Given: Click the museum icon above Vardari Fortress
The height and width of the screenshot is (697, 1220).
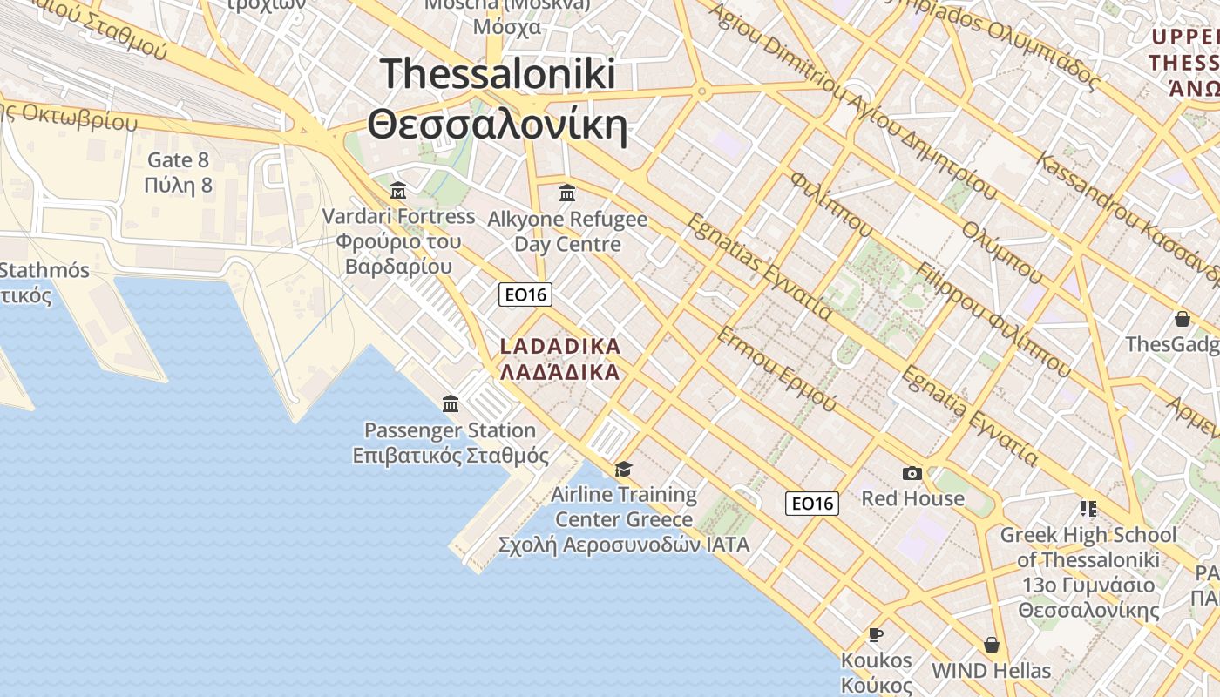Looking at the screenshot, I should (x=398, y=190).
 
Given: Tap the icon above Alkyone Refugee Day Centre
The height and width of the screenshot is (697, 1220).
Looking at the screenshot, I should (x=567, y=193).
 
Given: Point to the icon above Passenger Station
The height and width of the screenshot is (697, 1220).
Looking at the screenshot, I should (x=451, y=403).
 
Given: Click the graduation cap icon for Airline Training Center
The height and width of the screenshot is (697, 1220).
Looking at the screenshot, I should (x=623, y=469).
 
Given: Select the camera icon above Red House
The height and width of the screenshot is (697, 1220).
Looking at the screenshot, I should (x=912, y=473).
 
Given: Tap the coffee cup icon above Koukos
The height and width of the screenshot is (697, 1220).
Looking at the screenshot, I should (x=876, y=634).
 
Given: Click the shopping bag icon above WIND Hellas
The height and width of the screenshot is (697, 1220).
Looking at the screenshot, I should (x=991, y=645).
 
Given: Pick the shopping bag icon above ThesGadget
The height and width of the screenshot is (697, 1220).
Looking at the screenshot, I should (x=1183, y=319).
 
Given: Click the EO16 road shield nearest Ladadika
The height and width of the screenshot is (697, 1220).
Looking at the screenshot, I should (x=525, y=294).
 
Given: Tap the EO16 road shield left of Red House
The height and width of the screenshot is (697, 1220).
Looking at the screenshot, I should (x=811, y=503).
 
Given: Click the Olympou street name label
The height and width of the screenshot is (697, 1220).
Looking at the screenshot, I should (x=1002, y=253).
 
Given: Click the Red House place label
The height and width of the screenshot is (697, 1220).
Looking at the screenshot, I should (x=912, y=498).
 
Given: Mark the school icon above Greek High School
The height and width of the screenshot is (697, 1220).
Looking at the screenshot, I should (x=1088, y=508).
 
